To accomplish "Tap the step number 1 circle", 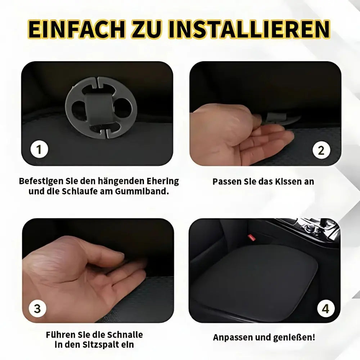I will point(39,149).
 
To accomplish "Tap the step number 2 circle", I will point(321,150).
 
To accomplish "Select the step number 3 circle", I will point(37,309).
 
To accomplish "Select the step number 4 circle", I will point(325,309).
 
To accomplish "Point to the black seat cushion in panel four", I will point(259,277).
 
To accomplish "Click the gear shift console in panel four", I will point(310,229).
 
